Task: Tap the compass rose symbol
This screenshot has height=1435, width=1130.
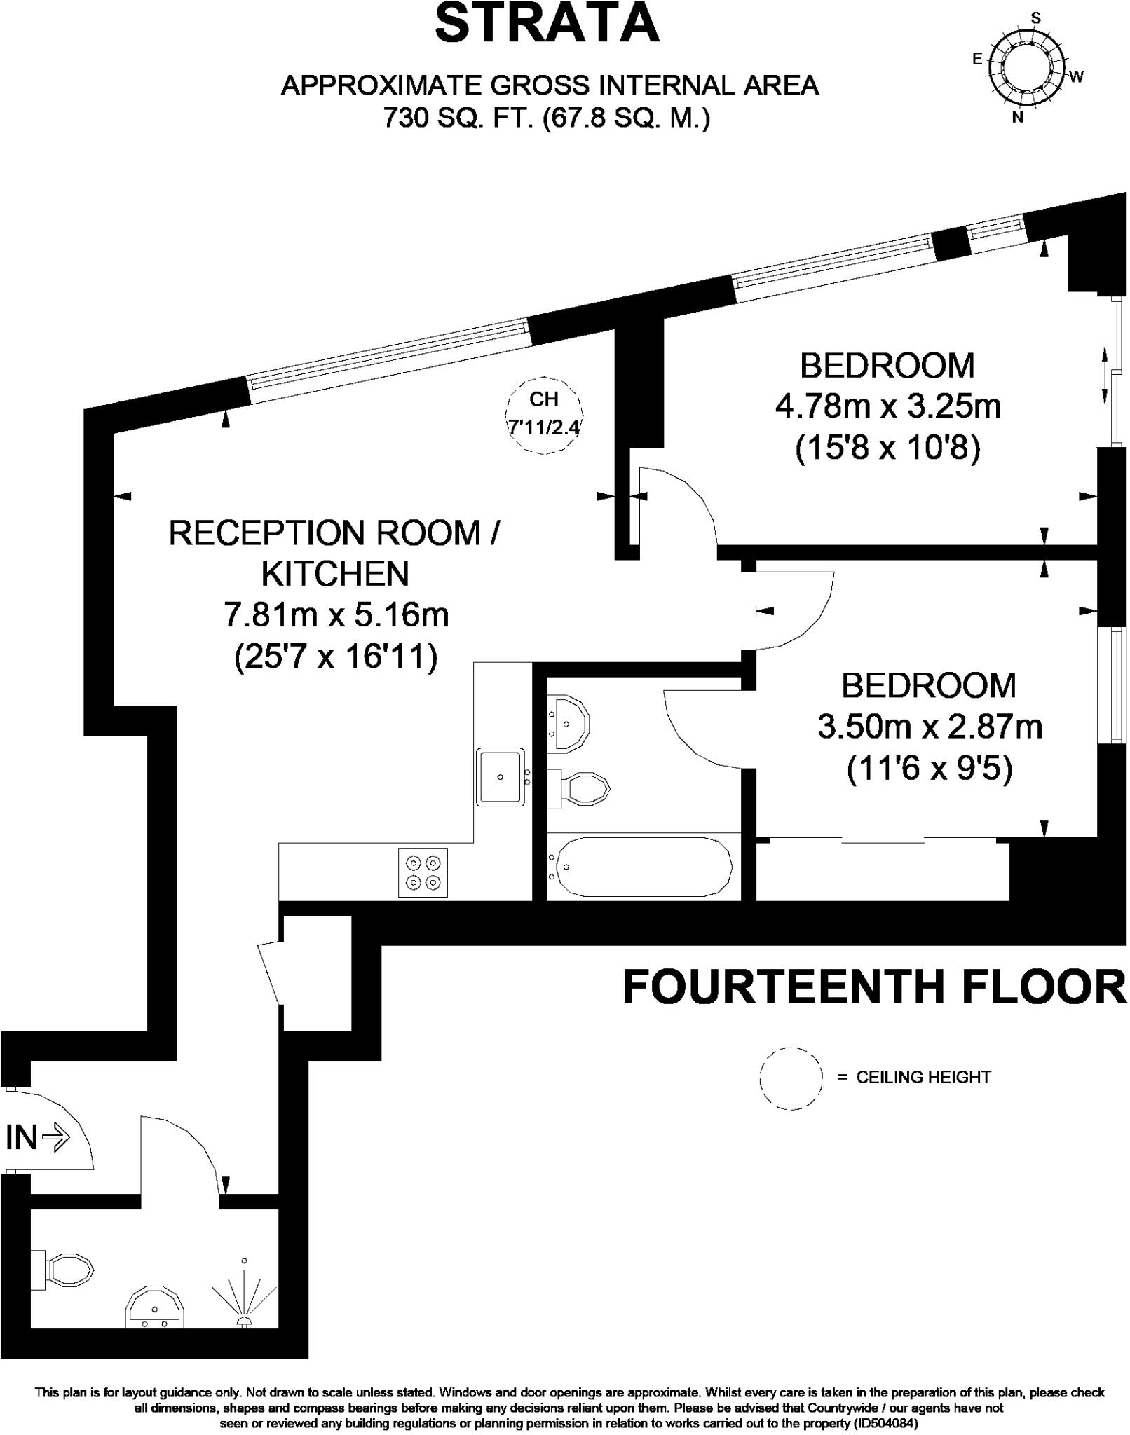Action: pyautogui.click(x=1027, y=68)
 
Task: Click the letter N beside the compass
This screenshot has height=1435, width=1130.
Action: pyautogui.click(x=1018, y=118)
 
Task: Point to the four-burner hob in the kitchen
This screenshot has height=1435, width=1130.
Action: pyautogui.click(x=423, y=872)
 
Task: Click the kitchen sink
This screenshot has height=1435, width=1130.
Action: pyautogui.click(x=501, y=776)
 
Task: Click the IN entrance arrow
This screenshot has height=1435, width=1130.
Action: pyautogui.click(x=38, y=1137)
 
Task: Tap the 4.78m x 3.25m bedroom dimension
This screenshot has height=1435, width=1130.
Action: pyautogui.click(x=887, y=406)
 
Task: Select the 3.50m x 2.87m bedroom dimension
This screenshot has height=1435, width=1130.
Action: pyautogui.click(x=930, y=727)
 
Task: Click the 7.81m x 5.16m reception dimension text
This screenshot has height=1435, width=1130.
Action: pyautogui.click(x=336, y=614)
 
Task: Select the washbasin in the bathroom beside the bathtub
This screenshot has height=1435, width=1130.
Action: pyautogui.click(x=569, y=724)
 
